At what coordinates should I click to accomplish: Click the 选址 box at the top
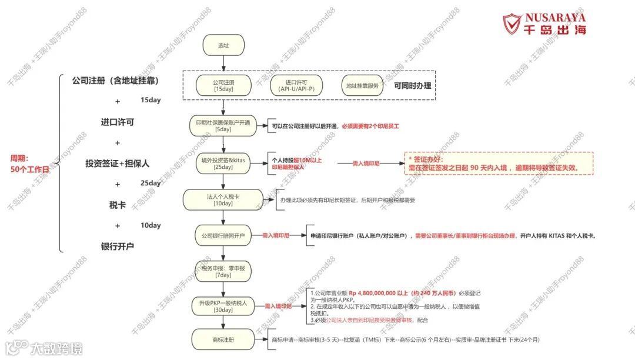coord(223,45)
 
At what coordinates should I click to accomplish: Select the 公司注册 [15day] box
coord(223,86)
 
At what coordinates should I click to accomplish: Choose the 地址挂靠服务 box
coord(365,86)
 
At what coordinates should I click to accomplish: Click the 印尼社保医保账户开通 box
coord(223,126)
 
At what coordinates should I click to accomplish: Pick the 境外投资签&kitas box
coord(223,163)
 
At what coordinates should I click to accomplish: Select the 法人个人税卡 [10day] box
coord(223,200)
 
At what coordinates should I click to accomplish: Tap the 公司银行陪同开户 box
coord(223,235)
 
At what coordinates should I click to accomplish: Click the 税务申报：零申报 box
coord(223,271)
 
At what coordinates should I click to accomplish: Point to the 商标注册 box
coord(223,339)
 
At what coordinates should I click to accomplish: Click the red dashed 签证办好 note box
coord(498,163)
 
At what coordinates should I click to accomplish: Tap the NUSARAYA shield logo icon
coord(511,24)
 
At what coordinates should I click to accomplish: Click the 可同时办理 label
coord(413,86)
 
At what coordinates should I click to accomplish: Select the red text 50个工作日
coord(30,169)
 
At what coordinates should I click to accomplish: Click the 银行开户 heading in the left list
coord(118,246)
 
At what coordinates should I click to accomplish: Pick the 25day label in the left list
coord(151,183)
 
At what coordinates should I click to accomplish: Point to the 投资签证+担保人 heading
coord(118,164)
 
